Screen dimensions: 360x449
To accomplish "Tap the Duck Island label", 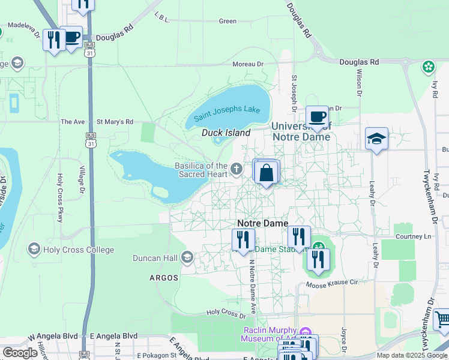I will pyautogui.click(x=226, y=133).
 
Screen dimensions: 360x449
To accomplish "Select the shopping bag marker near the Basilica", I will pyautogui.click(x=267, y=173).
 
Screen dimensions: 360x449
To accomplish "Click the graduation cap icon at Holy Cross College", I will pyautogui.click(x=34, y=249).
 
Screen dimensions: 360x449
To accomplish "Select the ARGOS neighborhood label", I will pyautogui.click(x=164, y=278).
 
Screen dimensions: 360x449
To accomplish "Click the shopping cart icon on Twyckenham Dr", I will pyautogui.click(x=442, y=319).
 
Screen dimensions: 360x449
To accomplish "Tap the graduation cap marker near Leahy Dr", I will pyautogui.click(x=376, y=139).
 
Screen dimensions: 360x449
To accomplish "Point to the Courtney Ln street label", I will pyautogui.click(x=414, y=236).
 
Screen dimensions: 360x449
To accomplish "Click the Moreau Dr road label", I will pyautogui.click(x=248, y=64).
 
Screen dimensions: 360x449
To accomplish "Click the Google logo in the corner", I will pyautogui.click(x=20, y=353).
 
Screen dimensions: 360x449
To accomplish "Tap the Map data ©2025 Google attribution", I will pyautogui.click(x=412, y=355).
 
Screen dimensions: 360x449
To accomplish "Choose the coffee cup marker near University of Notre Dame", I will pyautogui.click(x=317, y=116).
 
